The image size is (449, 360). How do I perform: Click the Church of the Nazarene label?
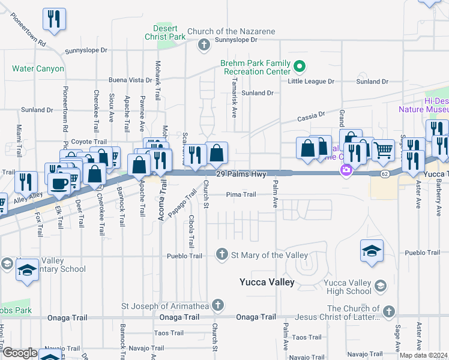(231, 32)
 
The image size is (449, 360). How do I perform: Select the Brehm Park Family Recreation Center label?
(255, 67)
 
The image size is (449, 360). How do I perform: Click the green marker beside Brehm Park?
(303, 66)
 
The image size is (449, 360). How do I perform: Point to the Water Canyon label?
(38, 68)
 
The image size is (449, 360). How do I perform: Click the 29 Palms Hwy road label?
(240, 173)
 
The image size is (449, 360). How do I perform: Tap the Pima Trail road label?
(241, 194)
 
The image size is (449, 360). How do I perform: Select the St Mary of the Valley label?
(270, 255)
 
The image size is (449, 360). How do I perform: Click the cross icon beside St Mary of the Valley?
(222, 255)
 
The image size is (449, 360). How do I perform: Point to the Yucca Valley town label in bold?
(267, 282)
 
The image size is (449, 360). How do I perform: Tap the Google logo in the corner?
(20, 353)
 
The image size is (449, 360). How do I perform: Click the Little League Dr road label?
(310, 81)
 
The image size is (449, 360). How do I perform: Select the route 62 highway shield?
(385, 173)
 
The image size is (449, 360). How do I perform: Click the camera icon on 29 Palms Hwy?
(346, 170)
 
